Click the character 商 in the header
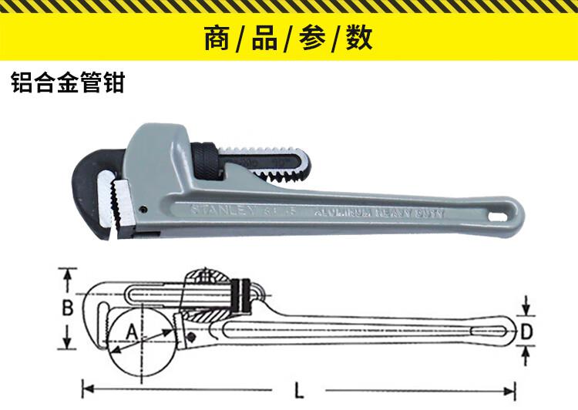pyautogui.click(x=217, y=39)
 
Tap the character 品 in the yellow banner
pyautogui.click(x=264, y=39)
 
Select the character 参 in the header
pyautogui.click(x=312, y=39)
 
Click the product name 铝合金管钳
pyautogui.click(x=68, y=83)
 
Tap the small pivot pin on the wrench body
pyautogui.click(x=144, y=208)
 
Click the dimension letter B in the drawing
pyautogui.click(x=68, y=308)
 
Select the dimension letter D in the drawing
pyautogui.click(x=526, y=331)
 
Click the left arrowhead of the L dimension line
pyautogui.click(x=87, y=387)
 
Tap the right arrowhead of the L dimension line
pyautogui.click(x=510, y=387)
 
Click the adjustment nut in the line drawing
pyautogui.click(x=244, y=295)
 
